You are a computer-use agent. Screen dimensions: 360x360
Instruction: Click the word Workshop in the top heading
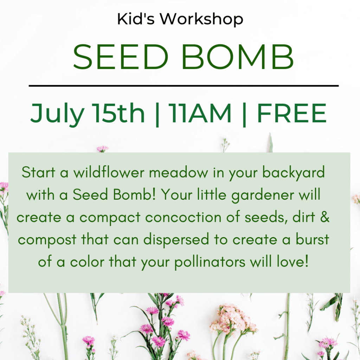pyautogui.click(x=201, y=19)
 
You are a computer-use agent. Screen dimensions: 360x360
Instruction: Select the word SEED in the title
pyautogui.click(x=121, y=57)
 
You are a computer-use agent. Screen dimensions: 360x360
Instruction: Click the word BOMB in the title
pyautogui.click(x=238, y=57)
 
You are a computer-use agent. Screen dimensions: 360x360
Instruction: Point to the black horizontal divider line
pyautogui.click(x=184, y=86)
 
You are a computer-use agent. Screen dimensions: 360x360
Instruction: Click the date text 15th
pyautogui.click(x=118, y=113)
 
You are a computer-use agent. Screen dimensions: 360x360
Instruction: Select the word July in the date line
pyautogui.click(x=57, y=115)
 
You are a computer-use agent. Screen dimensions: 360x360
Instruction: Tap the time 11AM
pyautogui.click(x=200, y=113)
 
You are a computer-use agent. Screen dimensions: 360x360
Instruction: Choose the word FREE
pyautogui.click(x=292, y=113)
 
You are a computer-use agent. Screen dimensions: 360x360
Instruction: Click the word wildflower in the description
pyautogui.click(x=109, y=172)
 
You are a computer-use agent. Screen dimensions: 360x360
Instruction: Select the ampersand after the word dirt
pyautogui.click(x=324, y=217)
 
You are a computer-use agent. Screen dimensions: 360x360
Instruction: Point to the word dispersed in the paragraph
pyautogui.click(x=176, y=239)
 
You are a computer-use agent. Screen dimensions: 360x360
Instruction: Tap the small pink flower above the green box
pyautogui.click(x=102, y=149)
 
